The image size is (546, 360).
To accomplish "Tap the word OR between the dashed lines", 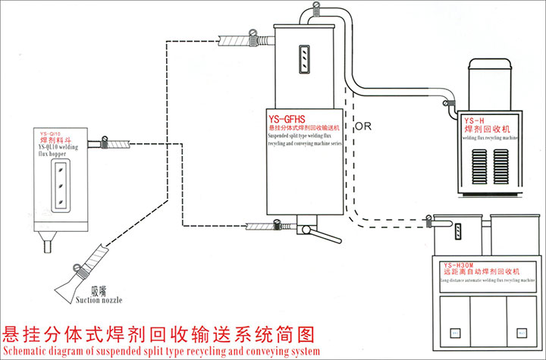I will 363,126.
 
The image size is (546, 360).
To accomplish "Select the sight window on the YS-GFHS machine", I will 302,58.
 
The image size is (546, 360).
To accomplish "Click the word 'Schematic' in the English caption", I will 30,352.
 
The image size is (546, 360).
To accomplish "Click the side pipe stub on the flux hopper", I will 95,143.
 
